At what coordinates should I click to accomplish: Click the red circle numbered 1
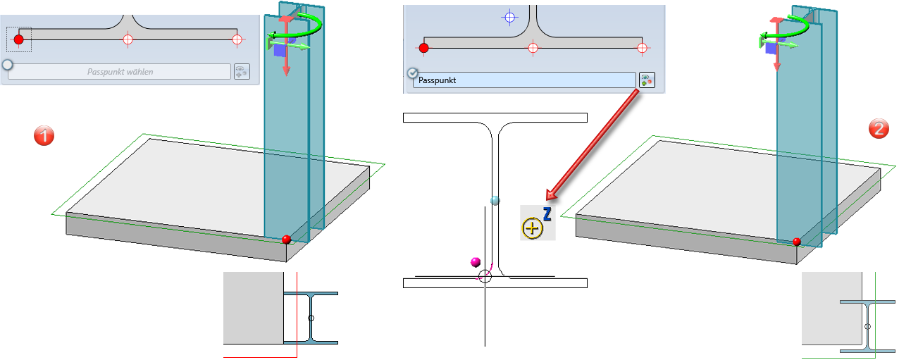coord(44,135)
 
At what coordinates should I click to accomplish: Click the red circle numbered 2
coord(878,128)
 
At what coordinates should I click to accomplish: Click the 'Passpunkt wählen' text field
coord(120,72)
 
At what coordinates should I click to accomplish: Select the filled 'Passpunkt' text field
coord(525,80)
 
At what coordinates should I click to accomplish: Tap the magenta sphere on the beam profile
coord(476,263)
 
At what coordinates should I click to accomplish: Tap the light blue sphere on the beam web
coord(495,201)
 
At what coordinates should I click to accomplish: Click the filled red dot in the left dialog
coord(19,39)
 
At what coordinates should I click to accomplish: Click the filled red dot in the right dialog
coord(423,48)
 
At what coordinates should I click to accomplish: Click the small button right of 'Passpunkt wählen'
coord(241,72)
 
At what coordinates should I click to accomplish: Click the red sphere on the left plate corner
coord(286,240)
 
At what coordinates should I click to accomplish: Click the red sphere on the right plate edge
coord(796,242)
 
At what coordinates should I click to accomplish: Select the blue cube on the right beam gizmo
coord(772,49)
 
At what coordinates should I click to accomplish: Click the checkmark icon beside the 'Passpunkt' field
coord(413,73)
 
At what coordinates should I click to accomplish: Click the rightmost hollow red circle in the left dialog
coord(237,39)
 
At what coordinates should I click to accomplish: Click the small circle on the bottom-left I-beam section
coord(311,318)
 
